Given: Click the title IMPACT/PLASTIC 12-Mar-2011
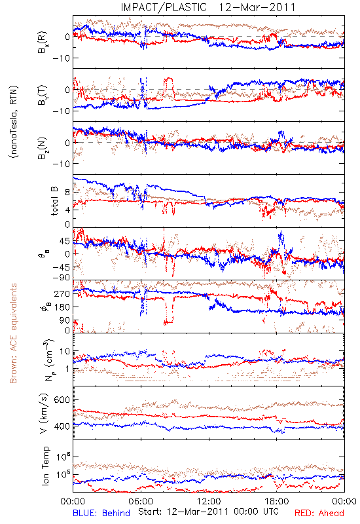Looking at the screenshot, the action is tap(208, 7).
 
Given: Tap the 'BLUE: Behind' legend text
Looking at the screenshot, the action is tap(101, 513).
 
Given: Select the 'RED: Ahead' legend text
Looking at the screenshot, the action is tap(319, 513).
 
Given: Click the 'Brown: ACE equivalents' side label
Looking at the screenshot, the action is tap(13, 333).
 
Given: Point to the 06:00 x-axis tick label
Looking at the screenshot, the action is tap(141, 501).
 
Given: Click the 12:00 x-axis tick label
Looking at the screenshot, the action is tap(209, 501).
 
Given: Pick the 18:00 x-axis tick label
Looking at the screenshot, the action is tap(277, 501).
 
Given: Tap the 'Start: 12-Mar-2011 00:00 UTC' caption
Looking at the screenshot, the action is tap(208, 512).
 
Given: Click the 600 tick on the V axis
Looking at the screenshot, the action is tap(62, 400).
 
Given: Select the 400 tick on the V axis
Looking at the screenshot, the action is tap(62, 426).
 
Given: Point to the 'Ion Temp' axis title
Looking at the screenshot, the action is tap(45, 466).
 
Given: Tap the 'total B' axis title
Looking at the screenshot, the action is tap(54, 200).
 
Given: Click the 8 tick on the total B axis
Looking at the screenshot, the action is tap(67, 193).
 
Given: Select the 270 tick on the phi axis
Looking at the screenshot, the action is tap(62, 293).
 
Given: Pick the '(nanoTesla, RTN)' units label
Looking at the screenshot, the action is tap(14, 121).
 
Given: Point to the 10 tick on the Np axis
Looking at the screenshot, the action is tap(64, 352).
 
